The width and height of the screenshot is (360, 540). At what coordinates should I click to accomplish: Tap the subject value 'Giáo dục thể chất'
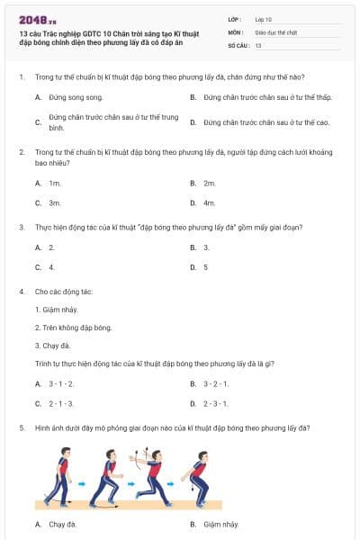coord(275,31)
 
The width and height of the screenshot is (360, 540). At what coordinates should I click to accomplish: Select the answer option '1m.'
coord(54,183)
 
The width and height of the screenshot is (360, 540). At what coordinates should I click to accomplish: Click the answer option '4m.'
coord(209,203)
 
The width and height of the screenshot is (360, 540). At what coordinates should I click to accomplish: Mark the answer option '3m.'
coord(54,203)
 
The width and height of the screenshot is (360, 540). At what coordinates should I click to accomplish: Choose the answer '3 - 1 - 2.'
coord(61,383)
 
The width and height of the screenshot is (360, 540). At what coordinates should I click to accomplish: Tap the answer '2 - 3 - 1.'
coord(215,404)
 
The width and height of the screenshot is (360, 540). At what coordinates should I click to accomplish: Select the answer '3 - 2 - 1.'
coord(215,383)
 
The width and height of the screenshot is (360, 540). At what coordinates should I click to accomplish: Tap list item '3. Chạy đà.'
coord(52,346)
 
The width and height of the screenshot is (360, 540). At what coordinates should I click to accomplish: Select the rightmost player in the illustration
coord(201,477)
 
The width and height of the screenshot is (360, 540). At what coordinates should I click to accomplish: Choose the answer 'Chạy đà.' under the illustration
coord(62,524)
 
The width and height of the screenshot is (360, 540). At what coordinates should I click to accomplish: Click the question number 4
coord(22,292)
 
